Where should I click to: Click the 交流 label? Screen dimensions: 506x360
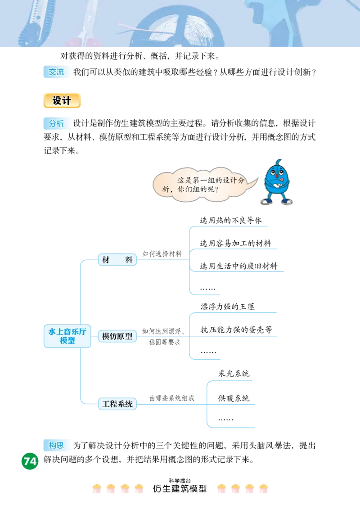pyautogui.click(x=57, y=72)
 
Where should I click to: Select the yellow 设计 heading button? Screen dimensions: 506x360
pyautogui.click(x=62, y=101)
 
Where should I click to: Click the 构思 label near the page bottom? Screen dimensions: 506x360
pyautogui.click(x=57, y=445)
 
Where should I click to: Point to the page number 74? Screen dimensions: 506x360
pyautogui.click(x=30, y=461)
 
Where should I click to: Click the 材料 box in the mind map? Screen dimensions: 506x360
pyautogui.click(x=117, y=260)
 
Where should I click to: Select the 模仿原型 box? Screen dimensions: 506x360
pyautogui.click(x=117, y=336)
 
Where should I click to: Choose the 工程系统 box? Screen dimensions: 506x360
pyautogui.click(x=117, y=404)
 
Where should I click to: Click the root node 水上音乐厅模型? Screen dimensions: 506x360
pyautogui.click(x=67, y=336)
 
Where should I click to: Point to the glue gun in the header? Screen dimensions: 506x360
pyautogui.click(x=288, y=23)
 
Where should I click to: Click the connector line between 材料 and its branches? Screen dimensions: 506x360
pyautogui.click(x=162, y=262)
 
